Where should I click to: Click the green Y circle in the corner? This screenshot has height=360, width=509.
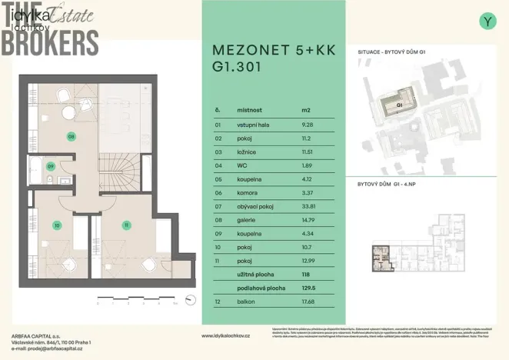click(487, 22)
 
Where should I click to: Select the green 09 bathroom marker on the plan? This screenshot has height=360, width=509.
click(51, 165)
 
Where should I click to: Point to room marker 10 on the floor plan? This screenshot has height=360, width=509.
click(56, 225)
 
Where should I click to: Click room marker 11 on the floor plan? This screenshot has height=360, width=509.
click(125, 225)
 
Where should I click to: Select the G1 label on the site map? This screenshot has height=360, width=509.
click(399, 104)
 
